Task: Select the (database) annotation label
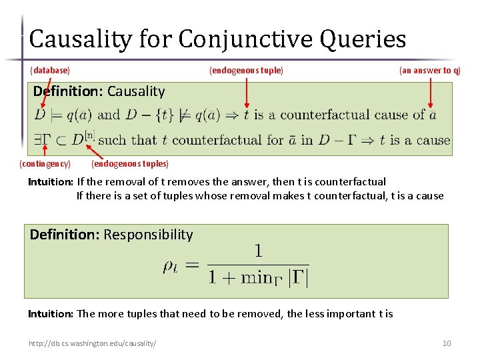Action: tap(50, 70)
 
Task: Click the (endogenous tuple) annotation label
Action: tap(246, 70)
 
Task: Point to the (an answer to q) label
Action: tap(429, 70)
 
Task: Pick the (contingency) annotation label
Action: tap(45, 163)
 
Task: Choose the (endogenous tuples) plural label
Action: tap(130, 163)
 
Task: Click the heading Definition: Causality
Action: tap(99, 91)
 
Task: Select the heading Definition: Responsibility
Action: tap(111, 235)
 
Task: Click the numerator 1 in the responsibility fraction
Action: tap(258, 251)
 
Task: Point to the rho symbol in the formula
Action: tap(171, 266)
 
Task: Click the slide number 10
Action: tap(447, 343)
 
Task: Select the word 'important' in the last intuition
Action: tap(351, 313)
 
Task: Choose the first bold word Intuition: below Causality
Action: tap(51, 182)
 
